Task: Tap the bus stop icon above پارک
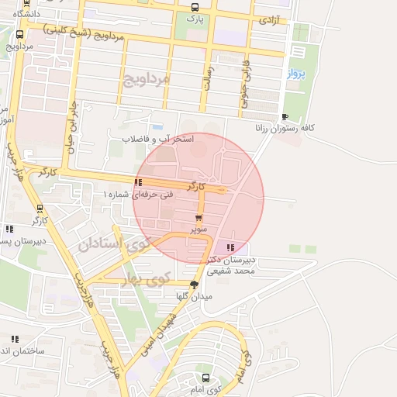194,6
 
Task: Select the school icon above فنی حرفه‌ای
138,182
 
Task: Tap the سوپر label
200,230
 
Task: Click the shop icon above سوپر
199,218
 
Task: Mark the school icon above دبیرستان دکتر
229,248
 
